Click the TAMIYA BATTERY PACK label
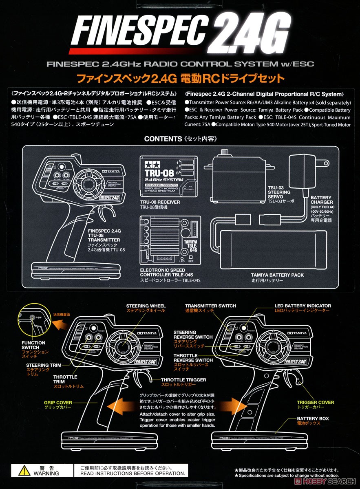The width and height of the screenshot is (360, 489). (x=277, y=275)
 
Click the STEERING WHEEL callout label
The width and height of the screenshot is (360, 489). (x=146, y=306)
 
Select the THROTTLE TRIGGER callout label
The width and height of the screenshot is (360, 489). (x=183, y=380)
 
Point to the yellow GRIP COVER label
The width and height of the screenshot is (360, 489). (x=58, y=403)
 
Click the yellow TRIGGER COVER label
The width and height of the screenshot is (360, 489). (x=315, y=402)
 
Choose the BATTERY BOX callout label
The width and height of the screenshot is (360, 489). (x=313, y=419)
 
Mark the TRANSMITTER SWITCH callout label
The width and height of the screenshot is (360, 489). (x=210, y=306)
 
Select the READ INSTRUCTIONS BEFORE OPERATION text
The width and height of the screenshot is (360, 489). (x=131, y=473)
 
